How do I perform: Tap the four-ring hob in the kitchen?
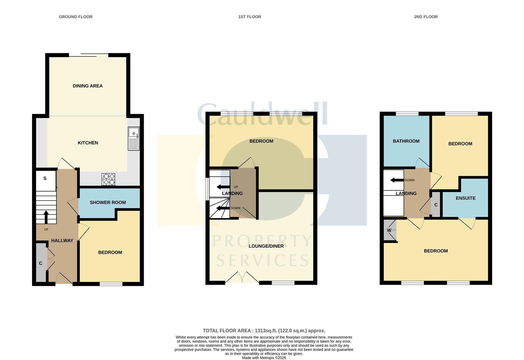[x=108, y=179]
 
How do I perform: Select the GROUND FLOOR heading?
[x=76, y=17]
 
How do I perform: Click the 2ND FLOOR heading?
[x=426, y=17]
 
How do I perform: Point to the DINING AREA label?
[x=88, y=86]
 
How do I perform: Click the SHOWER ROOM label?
[x=108, y=202]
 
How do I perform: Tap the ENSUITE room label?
[x=465, y=198]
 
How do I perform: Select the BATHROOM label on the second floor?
[x=406, y=141]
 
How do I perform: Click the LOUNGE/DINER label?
[x=266, y=246]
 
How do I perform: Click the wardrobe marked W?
[x=389, y=230]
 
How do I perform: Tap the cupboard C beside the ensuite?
[x=436, y=205]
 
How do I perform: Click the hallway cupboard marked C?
[x=41, y=263]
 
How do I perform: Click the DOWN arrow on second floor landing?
[x=397, y=180]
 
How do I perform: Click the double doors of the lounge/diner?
[x=242, y=277]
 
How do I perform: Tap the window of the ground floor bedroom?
[x=111, y=284]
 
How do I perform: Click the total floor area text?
[x=264, y=331]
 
